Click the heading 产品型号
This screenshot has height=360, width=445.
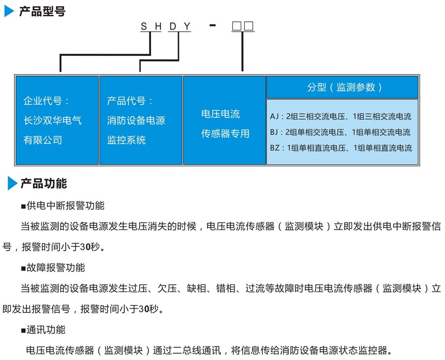[42, 11]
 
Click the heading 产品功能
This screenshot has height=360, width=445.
[43, 183]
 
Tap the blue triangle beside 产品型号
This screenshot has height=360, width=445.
[9, 11]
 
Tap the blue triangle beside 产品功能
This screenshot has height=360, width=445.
[12, 183]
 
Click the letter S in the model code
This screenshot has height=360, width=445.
[144, 26]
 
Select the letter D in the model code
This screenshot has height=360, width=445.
[172, 26]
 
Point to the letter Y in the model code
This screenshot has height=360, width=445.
[187, 26]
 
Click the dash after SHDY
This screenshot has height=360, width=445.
[212, 25]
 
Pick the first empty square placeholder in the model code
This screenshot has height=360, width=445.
[236, 26]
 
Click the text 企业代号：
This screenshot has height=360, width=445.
[46, 100]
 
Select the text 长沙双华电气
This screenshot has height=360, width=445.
[52, 120]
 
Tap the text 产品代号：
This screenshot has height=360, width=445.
[130, 100]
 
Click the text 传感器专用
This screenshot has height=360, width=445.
[225, 133]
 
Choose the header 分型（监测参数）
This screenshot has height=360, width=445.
[344, 87]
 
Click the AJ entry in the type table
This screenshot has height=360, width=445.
[340, 116]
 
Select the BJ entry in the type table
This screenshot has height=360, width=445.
[340, 132]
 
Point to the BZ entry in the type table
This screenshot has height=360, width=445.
[341, 148]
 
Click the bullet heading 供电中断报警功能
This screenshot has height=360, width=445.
[63, 206]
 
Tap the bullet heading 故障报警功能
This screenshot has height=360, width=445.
[53, 268]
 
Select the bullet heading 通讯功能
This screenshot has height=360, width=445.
[43, 330]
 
